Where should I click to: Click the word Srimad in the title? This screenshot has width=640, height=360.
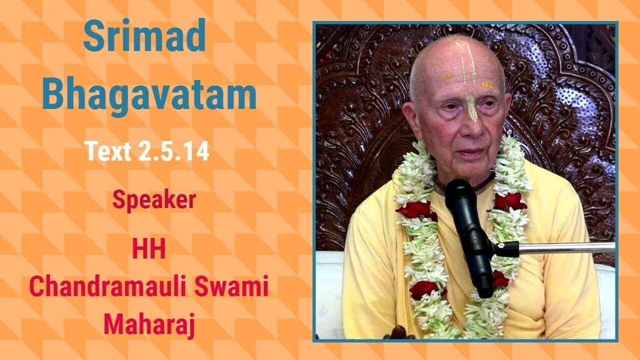[x=144, y=36]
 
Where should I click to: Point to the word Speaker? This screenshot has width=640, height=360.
[x=154, y=200]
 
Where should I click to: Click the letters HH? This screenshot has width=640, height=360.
[x=149, y=249]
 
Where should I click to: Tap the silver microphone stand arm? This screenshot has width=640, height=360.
[x=562, y=247]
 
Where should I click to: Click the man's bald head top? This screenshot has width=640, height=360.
[x=456, y=50]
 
